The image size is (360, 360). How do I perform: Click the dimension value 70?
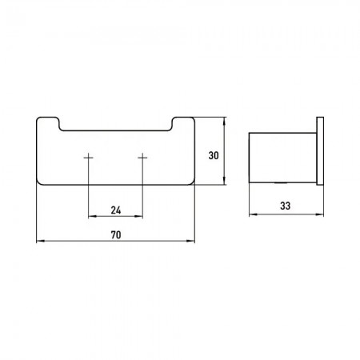click(116, 235)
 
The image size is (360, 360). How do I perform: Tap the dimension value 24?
click(116, 210)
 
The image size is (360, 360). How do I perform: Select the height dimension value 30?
click(214, 155)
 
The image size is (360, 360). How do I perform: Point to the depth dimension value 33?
click(285, 206)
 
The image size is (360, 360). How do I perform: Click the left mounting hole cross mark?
click(89, 158)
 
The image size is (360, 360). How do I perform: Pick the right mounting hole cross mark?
click(142, 158)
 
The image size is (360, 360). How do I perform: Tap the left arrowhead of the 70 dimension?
click(40, 241)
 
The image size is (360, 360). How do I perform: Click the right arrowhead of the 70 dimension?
click(191, 241)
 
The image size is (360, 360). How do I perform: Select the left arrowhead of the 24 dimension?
click(92, 216)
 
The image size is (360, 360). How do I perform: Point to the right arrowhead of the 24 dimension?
click(139, 216)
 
